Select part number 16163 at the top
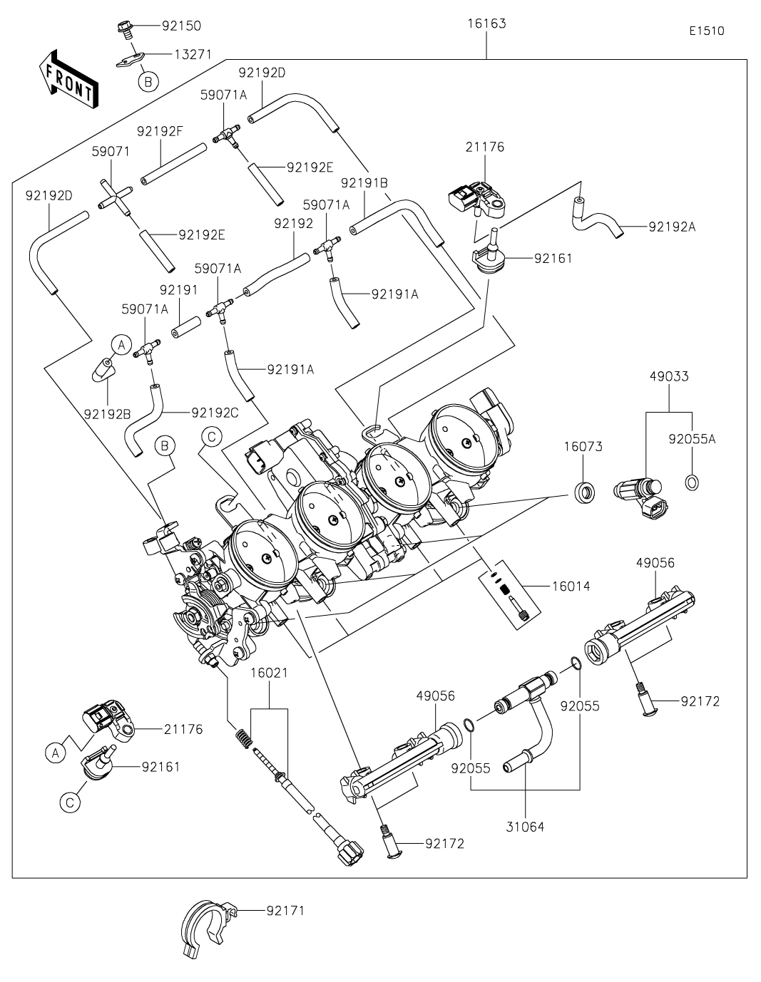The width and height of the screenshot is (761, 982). click(486, 24)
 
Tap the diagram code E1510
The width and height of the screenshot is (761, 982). click(707, 31)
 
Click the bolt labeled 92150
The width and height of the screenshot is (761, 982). click(125, 29)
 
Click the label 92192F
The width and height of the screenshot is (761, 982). click(160, 131)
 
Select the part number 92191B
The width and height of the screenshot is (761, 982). click(364, 183)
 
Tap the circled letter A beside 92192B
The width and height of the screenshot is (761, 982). click(121, 346)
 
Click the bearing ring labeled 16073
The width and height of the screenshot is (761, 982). click(586, 492)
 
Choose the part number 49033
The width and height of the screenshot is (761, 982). click(669, 376)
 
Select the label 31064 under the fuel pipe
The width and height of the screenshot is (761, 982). click(525, 827)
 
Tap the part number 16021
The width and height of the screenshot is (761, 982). click(269, 672)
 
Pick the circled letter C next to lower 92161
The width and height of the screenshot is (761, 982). click(70, 802)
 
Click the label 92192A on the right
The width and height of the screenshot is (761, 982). click(672, 227)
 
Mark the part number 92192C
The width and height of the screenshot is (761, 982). click(215, 413)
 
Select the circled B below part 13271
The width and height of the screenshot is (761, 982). click(148, 82)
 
